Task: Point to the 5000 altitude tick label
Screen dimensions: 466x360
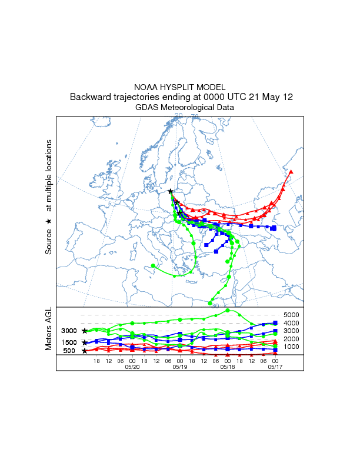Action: pos(292,315)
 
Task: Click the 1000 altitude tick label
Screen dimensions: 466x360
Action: pos(292,347)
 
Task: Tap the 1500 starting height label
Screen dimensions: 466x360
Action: pos(69,342)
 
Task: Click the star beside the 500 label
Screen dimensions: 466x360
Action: pos(85,351)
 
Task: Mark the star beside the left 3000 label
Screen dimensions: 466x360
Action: pos(85,331)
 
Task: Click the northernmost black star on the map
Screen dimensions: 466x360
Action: pos(170,191)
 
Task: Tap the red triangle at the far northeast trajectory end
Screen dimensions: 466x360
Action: pos(291,172)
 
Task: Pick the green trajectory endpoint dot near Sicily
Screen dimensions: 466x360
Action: pos(154,266)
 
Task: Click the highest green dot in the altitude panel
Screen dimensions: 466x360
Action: pos(228,311)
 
